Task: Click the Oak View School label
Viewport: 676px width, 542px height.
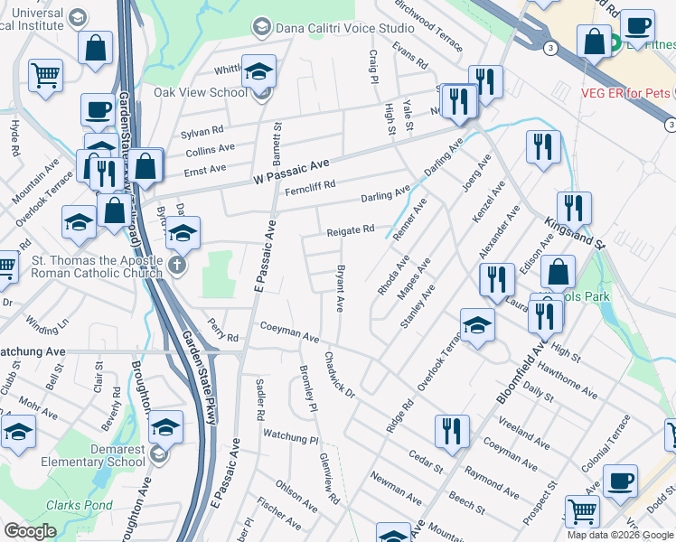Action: (x=200, y=92)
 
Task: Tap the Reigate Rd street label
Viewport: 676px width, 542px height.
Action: (x=351, y=230)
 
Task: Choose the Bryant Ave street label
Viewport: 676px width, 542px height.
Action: (x=340, y=288)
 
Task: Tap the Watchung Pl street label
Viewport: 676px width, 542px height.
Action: (x=291, y=436)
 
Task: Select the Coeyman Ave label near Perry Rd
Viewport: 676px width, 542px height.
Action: (x=289, y=332)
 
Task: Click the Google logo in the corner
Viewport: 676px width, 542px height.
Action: (x=30, y=531)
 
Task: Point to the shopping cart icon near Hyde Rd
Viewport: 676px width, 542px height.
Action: (x=45, y=77)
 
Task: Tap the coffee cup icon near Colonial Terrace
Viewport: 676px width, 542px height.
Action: (x=619, y=481)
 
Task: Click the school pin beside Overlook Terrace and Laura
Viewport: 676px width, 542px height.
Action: (x=477, y=326)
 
